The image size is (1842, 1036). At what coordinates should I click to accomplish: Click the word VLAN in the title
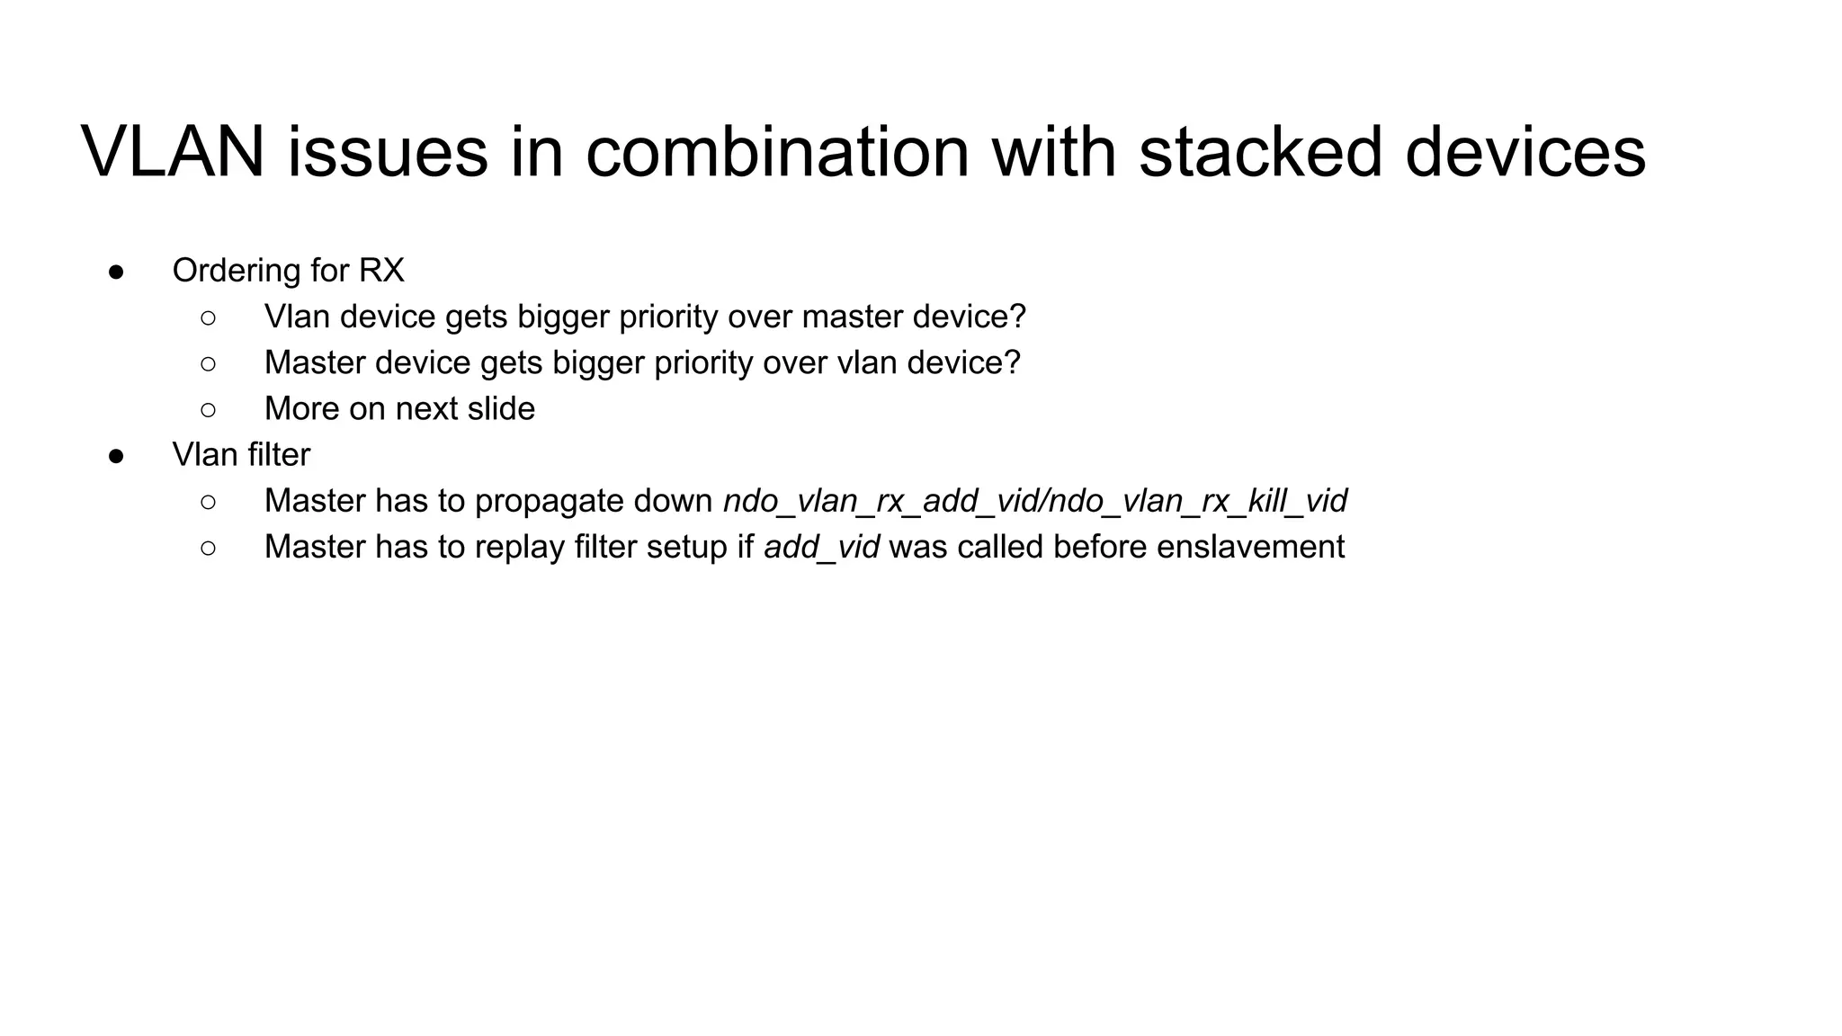[x=173, y=151]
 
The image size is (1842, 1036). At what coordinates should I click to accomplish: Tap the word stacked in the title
[x=1259, y=151]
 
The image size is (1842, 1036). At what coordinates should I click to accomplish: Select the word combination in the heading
[x=777, y=151]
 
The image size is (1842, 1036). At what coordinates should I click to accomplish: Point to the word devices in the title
[x=1525, y=151]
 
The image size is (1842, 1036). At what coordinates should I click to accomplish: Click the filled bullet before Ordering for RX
[x=116, y=272]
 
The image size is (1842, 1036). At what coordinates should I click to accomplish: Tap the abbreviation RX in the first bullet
[x=381, y=271]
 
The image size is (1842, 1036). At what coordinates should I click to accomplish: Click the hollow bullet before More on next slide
[x=208, y=410]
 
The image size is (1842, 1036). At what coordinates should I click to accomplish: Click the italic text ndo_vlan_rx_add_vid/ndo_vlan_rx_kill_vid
[x=1035, y=502]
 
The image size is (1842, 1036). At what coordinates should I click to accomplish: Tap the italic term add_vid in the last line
[x=821, y=548]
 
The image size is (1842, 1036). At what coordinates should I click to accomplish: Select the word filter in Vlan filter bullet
[x=279, y=455]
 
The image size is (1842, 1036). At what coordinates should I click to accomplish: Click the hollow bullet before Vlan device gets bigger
[x=208, y=317]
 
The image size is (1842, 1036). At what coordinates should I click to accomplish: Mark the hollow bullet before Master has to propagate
[x=208, y=502]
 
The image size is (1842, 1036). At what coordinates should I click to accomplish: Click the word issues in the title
[x=388, y=151]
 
